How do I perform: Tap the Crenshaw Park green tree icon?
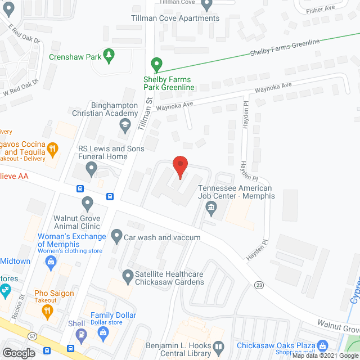110,56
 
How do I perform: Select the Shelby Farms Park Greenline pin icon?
157,65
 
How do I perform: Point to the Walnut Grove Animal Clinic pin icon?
87,202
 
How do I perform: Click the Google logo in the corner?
19,353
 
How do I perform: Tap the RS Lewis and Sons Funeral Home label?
111,152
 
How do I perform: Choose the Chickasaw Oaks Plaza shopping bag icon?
322,346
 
